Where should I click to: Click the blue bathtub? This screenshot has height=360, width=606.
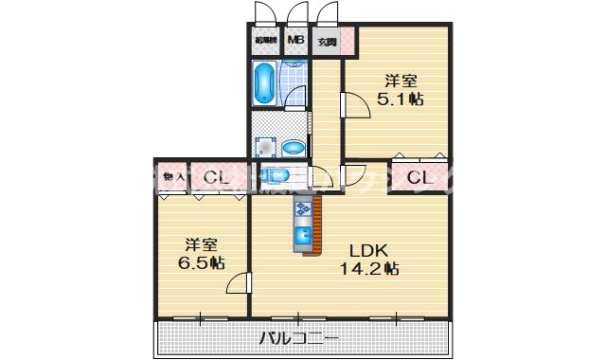(264, 83)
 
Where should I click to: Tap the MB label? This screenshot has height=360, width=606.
(296, 41)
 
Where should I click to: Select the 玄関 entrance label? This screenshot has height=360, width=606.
(327, 42)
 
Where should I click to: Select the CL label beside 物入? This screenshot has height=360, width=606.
(216, 175)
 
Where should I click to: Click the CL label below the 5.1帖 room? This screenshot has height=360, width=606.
(419, 175)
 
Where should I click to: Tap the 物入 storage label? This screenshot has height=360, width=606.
(172, 175)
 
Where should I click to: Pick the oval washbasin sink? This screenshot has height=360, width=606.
(294, 147)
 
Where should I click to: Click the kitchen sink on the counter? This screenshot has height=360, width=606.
(305, 235)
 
